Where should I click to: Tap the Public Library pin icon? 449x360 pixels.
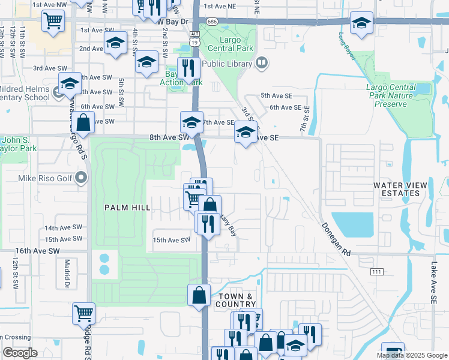coord(261,62)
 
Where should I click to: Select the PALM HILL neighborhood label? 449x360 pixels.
coord(126,208)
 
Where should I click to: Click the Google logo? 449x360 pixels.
coord(20,353)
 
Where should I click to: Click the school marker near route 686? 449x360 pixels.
coord(361,23)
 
